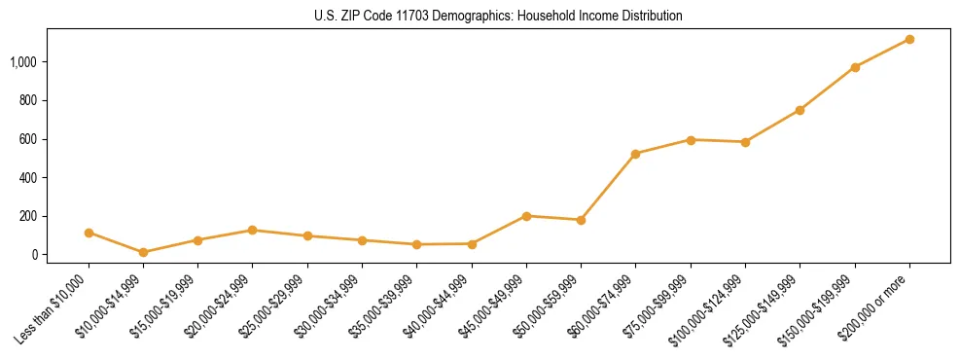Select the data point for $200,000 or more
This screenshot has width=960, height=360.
(909, 39)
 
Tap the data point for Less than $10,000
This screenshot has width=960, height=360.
(89, 233)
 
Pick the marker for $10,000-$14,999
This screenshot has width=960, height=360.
(143, 252)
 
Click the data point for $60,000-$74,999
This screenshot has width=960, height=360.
(635, 154)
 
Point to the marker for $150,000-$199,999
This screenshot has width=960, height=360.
(855, 67)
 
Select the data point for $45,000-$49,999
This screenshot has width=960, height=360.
(526, 216)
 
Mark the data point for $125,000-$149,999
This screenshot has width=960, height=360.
(800, 110)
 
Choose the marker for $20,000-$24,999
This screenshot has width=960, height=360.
(253, 230)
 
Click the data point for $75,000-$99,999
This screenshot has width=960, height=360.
(691, 140)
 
